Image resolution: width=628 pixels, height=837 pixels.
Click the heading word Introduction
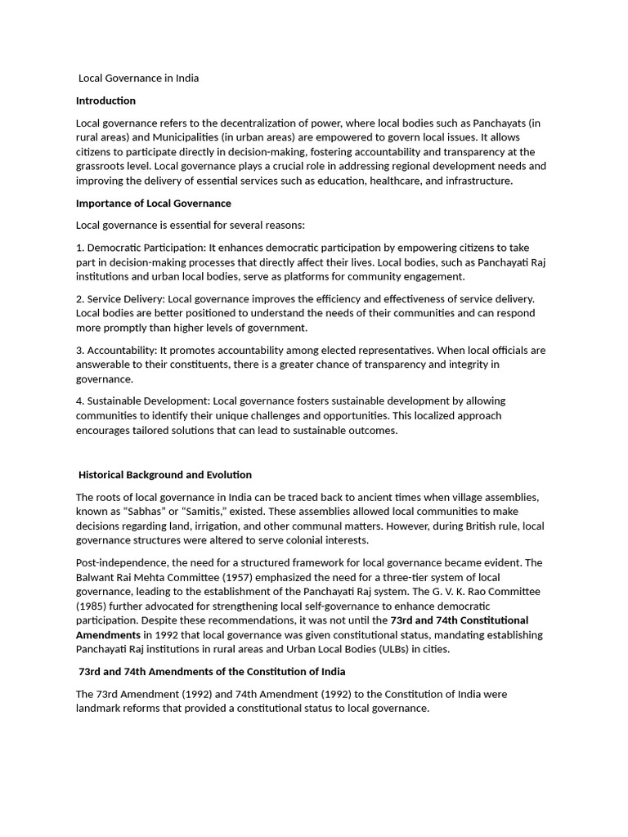[105, 101]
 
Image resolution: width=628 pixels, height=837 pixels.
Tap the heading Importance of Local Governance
[154, 203]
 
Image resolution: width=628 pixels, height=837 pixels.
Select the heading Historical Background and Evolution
[165, 474]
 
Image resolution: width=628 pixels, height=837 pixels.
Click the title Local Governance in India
[138, 78]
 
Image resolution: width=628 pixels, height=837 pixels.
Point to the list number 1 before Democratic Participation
[79, 247]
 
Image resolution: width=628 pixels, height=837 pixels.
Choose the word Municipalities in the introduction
[191, 137]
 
